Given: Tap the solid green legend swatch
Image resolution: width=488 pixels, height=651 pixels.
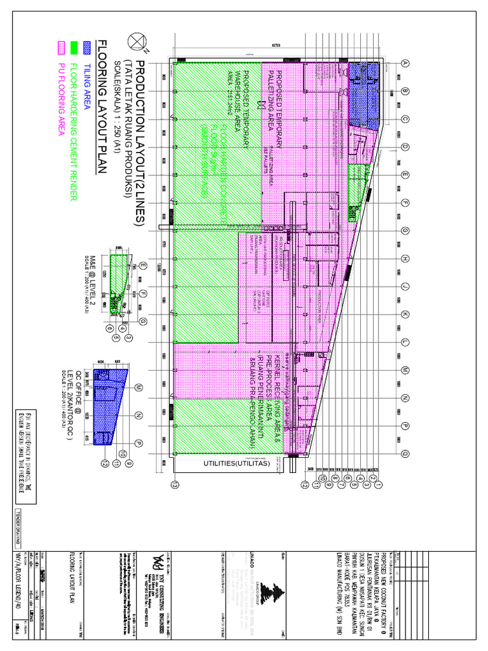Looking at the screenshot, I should pos(74,46).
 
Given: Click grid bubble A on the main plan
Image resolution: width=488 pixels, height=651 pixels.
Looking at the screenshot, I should pos(403,63).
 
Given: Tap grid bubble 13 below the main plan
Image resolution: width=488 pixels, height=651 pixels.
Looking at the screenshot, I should pos(175,484).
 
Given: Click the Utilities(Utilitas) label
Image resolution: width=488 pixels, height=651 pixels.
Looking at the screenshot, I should pos(237,463).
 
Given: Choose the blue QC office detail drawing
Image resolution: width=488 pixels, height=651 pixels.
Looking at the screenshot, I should pos(110,405).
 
